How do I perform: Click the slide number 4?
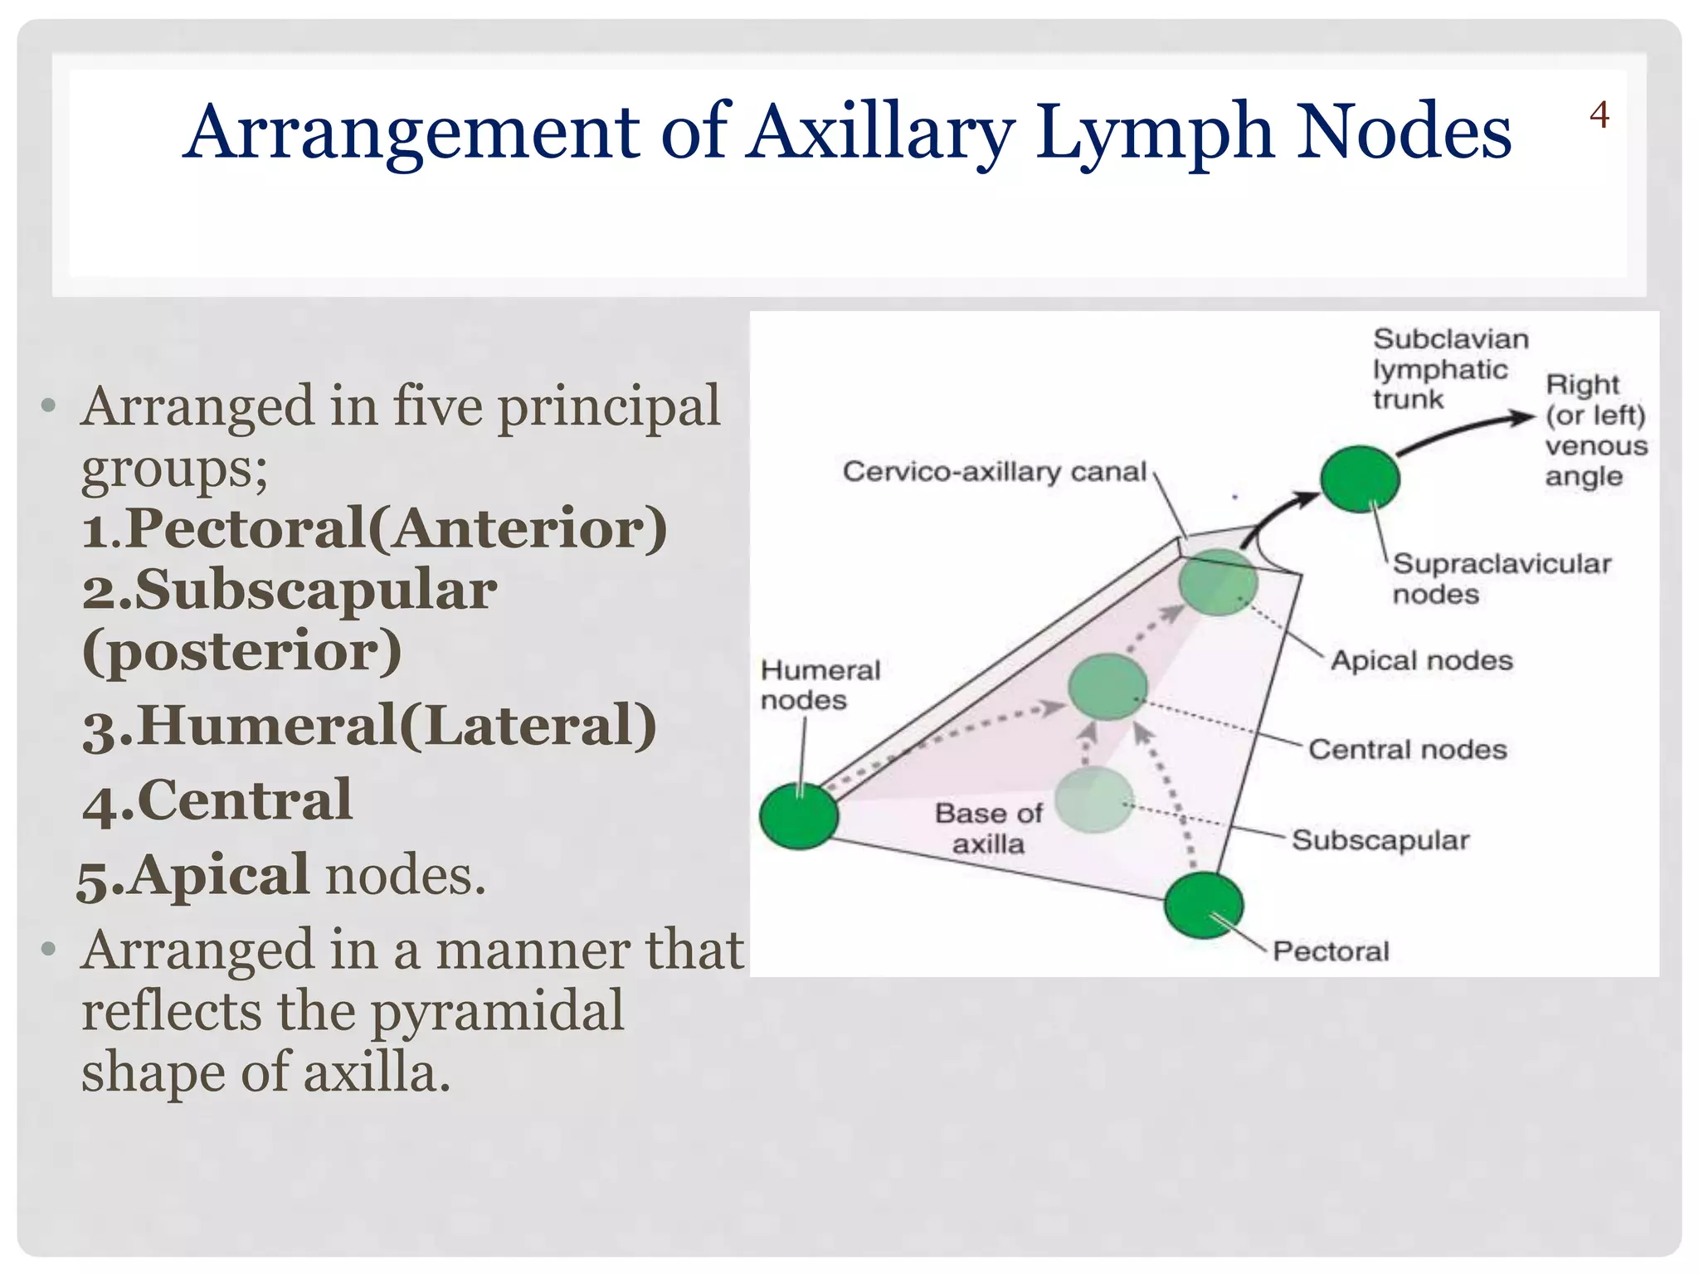point(1599,115)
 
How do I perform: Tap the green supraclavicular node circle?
point(1360,479)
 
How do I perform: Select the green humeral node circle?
point(799,815)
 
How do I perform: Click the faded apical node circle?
point(1218,582)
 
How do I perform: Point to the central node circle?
point(1108,687)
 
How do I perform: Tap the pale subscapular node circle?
point(1095,800)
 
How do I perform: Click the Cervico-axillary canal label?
point(994,472)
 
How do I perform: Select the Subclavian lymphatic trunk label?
point(1449,369)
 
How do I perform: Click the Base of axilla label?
point(988,828)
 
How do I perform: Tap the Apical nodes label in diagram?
point(1421,660)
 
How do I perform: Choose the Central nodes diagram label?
point(1407,749)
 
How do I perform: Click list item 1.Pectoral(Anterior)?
point(374,528)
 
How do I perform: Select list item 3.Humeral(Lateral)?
point(369,726)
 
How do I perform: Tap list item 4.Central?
point(217,800)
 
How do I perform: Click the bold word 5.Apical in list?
point(193,876)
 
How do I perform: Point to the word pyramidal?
point(496,1011)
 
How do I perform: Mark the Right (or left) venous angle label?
point(1594,430)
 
